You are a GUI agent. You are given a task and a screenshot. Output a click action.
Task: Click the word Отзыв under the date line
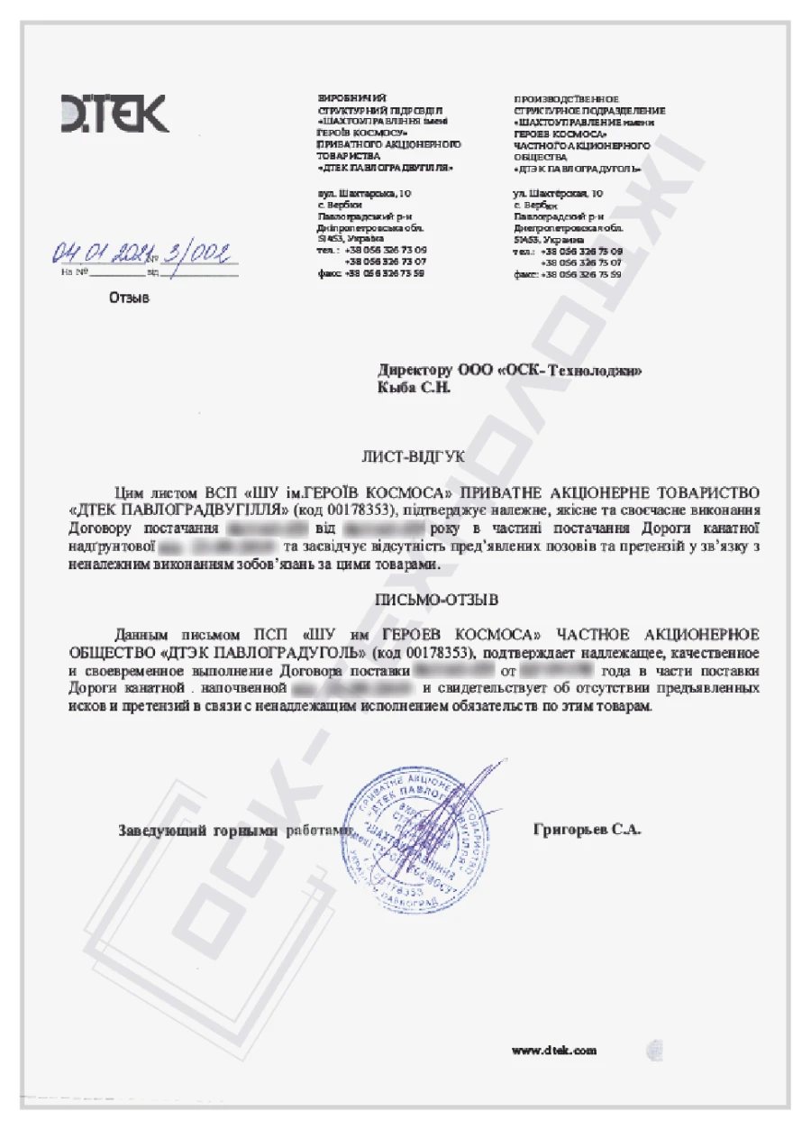129,297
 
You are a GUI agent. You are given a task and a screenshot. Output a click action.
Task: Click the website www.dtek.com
554,1051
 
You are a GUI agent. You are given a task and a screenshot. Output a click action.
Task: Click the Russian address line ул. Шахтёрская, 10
559,193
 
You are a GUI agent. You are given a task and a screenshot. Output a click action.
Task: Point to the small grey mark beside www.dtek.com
654,1050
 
